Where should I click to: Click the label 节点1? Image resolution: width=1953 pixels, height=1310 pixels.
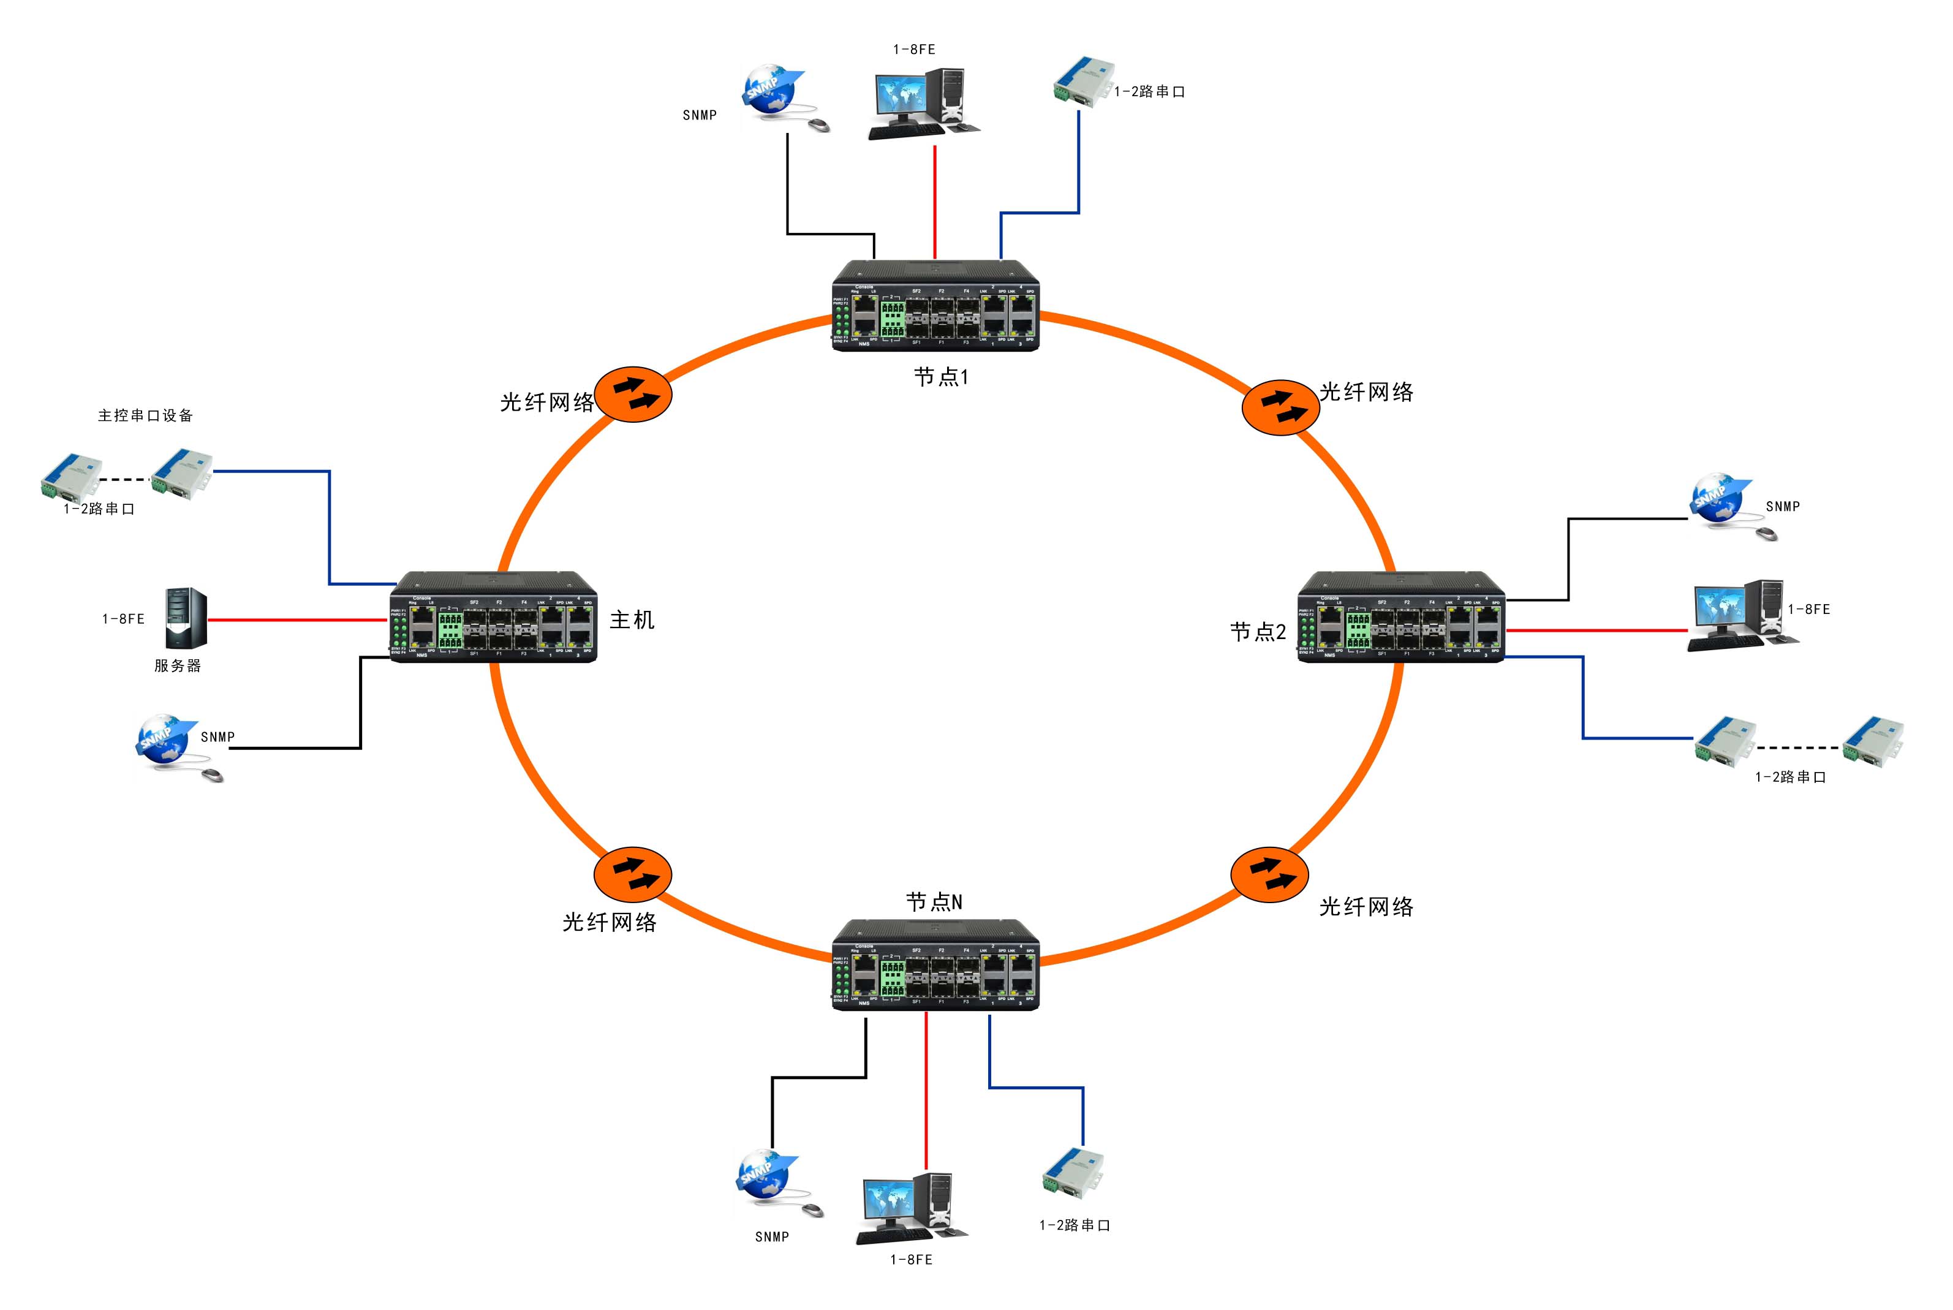(x=940, y=377)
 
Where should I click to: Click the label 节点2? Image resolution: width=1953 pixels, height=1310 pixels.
(x=1257, y=632)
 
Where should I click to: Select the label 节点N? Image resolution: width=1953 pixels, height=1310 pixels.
(x=934, y=901)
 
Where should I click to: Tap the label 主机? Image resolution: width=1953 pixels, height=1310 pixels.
(x=632, y=619)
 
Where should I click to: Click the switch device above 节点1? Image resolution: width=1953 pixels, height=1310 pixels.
(x=935, y=306)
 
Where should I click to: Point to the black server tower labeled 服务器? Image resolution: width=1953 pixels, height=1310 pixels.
(x=186, y=618)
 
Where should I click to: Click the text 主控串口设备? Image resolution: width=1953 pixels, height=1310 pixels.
(x=145, y=415)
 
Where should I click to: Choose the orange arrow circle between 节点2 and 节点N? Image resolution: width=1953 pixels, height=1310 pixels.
(x=1269, y=874)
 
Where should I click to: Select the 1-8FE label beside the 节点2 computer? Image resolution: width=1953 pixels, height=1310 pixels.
(x=1808, y=609)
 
